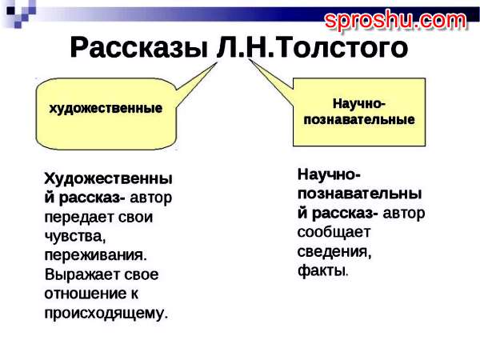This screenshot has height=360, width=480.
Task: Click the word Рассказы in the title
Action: point(139,48)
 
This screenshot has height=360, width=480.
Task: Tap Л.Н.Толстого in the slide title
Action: point(312,47)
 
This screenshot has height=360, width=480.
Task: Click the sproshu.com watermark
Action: point(395,20)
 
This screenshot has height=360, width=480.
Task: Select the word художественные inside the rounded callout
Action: point(106,108)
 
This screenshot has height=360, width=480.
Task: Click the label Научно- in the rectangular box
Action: point(358,103)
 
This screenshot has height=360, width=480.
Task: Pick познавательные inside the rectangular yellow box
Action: point(359,119)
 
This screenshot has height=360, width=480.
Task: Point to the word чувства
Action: point(75,236)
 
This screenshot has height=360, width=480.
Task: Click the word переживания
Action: point(96,255)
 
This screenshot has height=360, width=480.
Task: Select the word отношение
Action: point(86,294)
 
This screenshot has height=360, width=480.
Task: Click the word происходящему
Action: point(106,313)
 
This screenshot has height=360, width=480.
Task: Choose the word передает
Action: point(79,218)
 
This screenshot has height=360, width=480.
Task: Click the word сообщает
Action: point(334,232)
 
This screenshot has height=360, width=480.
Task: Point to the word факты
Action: point(323,270)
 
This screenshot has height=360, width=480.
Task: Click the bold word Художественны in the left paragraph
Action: point(108,178)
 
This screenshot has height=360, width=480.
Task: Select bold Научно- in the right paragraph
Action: point(329,174)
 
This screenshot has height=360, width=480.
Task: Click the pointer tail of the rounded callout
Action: point(196,83)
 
